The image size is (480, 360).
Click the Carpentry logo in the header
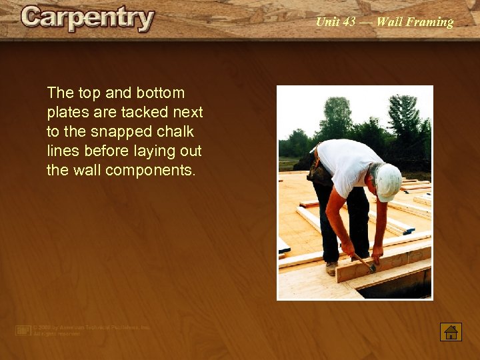point(87,18)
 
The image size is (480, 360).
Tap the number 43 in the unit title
point(348,22)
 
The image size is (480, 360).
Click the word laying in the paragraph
point(155,151)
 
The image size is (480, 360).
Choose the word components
point(155,170)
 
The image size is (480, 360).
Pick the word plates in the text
point(65,112)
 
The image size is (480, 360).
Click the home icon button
point(451,331)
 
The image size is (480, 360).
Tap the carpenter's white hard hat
point(388,181)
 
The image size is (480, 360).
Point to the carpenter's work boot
point(331,268)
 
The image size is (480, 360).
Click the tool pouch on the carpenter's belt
point(319,171)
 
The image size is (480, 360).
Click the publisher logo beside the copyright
point(23,330)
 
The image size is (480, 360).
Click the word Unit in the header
point(327,22)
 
